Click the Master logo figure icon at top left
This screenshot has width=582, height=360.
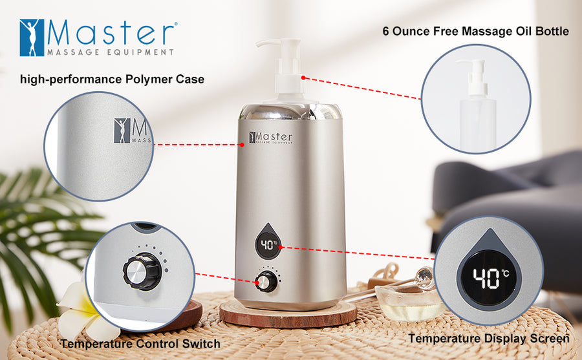(32, 37)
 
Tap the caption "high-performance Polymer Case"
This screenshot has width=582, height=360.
(112, 80)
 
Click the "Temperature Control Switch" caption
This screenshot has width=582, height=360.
(141, 343)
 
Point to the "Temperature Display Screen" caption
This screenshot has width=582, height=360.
(488, 338)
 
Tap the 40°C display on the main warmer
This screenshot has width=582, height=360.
(266, 245)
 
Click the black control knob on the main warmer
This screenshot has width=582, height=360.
(264, 282)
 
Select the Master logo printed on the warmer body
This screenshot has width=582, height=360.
(271, 138)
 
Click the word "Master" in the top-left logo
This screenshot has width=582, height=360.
(111, 33)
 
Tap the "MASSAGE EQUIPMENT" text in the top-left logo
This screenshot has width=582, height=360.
(111, 52)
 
